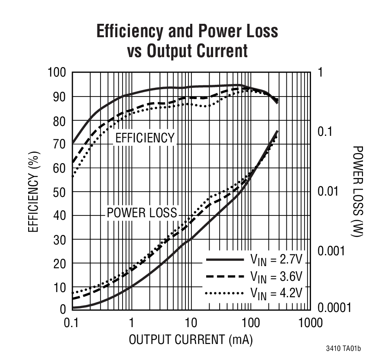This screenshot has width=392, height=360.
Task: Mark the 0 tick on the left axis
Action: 63,309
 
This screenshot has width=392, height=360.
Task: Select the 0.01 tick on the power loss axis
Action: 328,191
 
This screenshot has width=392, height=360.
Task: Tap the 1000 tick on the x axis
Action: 310,323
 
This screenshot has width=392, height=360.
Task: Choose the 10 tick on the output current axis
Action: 191,323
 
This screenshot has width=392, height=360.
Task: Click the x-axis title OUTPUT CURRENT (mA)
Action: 191,340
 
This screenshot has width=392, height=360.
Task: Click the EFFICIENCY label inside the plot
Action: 144,138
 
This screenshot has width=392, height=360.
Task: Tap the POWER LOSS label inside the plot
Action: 142,212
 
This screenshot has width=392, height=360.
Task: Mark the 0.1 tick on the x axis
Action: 72,323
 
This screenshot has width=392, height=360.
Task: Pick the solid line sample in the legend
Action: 224,260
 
